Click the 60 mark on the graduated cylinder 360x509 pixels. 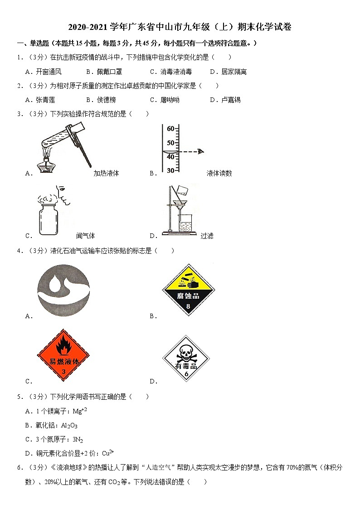(x=170, y=129)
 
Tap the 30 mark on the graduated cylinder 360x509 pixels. (x=170, y=170)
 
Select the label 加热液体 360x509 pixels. (x=106, y=173)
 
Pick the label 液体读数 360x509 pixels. (x=219, y=173)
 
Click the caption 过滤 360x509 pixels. (x=207, y=236)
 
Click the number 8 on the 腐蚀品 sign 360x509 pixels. (x=188, y=306)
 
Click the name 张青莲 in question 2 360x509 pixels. (x=45, y=100)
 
